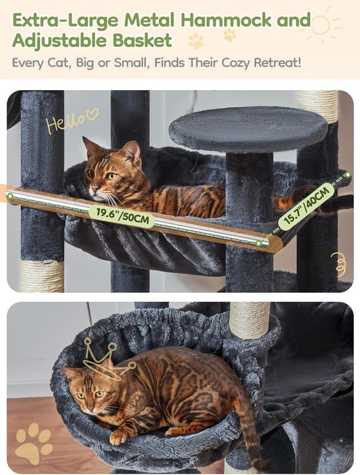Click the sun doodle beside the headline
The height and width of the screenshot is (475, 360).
[321, 25]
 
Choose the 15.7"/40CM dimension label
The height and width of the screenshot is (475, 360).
[306, 206]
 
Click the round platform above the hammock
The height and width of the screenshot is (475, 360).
[247, 129]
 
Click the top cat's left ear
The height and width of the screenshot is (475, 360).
[89, 145]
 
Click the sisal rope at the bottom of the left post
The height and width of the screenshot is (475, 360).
[42, 276]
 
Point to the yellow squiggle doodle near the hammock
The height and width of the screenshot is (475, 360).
[339, 263]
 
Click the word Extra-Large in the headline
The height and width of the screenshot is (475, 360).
[65, 20]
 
